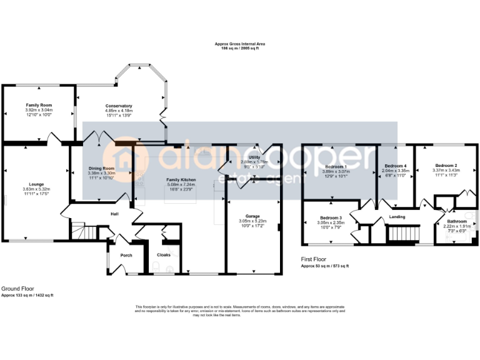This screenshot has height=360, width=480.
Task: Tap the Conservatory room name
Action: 119,106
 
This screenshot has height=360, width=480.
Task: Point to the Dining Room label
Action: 101,168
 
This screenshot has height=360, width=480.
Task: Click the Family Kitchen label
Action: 181,179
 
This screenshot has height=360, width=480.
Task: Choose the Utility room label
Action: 254,157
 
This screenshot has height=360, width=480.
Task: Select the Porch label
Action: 117,254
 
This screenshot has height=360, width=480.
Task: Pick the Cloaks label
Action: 164,254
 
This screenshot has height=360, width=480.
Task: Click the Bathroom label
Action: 456,221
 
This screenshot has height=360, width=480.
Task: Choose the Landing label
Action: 397,217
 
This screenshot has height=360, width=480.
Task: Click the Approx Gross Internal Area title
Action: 240,44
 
